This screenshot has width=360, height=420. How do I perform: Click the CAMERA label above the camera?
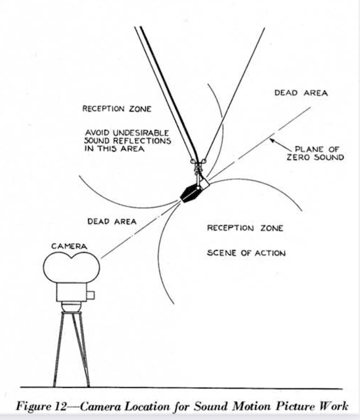click(69, 246)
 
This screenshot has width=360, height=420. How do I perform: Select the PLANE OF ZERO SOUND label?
click(315, 153)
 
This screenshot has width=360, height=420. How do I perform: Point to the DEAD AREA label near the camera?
click(112, 222)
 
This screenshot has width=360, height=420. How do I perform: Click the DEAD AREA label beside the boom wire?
click(301, 93)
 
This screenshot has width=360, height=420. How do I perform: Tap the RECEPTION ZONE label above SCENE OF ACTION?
click(245, 228)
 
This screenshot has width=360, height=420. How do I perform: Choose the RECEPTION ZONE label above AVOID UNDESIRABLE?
click(117, 109)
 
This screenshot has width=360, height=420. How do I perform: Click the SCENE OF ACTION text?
click(246, 253)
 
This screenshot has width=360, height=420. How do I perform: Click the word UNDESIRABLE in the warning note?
click(141, 133)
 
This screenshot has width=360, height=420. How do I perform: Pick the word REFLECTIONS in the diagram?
click(142, 140)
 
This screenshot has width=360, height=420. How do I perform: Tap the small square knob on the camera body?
click(91, 295)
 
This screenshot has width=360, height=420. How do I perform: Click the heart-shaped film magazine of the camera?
click(72, 267)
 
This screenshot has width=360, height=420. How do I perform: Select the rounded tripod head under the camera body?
click(72, 306)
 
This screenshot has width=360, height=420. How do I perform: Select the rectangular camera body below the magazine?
click(72, 292)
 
